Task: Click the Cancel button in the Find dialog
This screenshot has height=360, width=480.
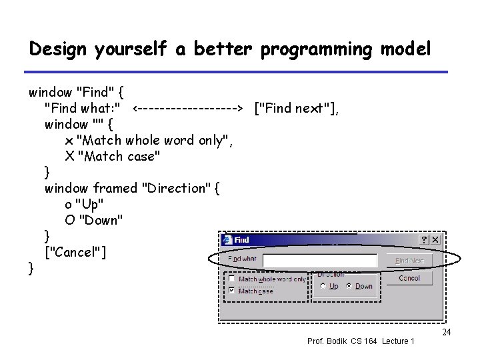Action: coord(409,278)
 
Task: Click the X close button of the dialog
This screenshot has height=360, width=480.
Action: coord(435,239)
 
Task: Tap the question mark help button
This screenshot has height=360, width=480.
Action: coord(423,239)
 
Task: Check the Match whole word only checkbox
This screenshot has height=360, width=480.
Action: coord(231,279)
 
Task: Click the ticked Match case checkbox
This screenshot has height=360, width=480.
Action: coord(231,291)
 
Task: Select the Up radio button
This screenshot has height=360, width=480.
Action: coord(323,286)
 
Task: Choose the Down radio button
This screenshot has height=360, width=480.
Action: coord(349,286)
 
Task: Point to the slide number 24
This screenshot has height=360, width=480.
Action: coord(447,332)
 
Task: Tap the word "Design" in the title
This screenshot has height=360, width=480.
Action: coord(59,49)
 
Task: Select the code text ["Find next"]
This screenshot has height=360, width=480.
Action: coord(297,108)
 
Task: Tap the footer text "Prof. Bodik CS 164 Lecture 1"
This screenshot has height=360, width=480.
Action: coord(361,341)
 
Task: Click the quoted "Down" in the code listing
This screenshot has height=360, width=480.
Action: coord(100,220)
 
